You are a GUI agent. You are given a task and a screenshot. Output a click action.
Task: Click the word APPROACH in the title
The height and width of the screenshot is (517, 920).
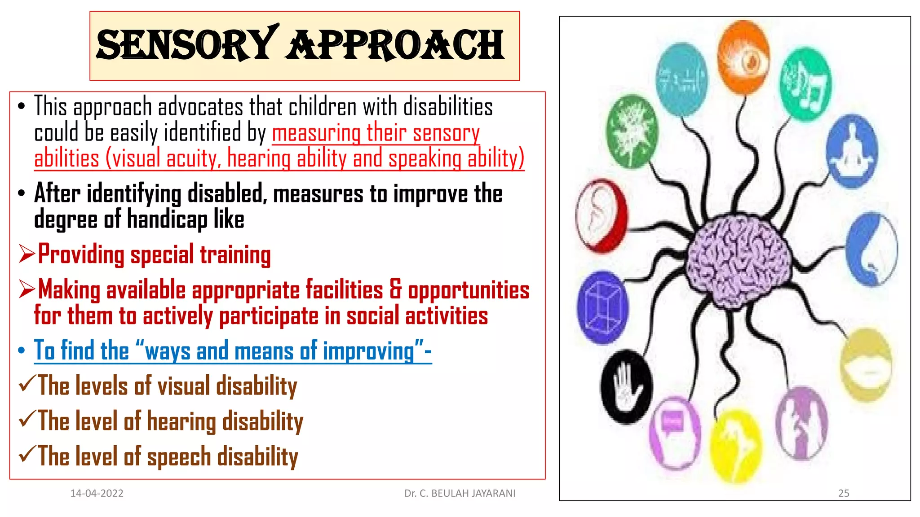pyautogui.click(x=395, y=45)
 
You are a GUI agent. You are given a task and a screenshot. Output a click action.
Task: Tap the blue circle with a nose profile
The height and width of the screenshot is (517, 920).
pyautogui.click(x=871, y=249)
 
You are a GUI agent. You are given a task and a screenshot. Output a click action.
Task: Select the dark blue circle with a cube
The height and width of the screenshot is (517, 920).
pyautogui.click(x=602, y=307)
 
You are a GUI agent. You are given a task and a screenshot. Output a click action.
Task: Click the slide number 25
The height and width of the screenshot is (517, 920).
pyautogui.click(x=843, y=493)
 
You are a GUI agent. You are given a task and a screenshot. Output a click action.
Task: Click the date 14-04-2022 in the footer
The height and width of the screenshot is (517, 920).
pyautogui.click(x=97, y=493)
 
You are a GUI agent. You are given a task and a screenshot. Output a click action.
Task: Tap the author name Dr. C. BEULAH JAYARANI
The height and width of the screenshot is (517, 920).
pyautogui.click(x=460, y=493)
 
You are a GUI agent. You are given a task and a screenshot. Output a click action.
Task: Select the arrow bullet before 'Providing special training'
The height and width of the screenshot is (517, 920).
pyautogui.click(x=27, y=254)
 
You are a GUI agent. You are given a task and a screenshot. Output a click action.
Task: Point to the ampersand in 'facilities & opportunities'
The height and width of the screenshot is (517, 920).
pyautogui.click(x=395, y=289)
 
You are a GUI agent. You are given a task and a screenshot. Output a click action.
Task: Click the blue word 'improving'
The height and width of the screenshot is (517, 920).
pyautogui.click(x=368, y=351)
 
